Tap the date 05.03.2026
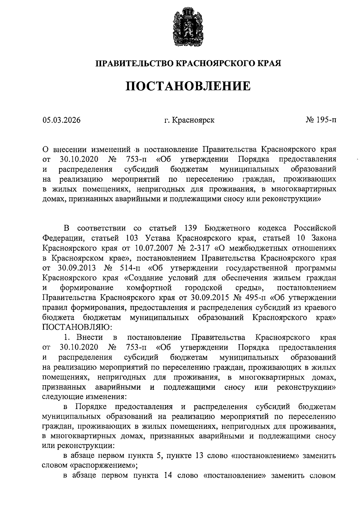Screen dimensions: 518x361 tap(61, 120)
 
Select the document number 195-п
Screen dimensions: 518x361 tap(326, 120)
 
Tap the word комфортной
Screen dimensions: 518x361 tap(149, 288)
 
